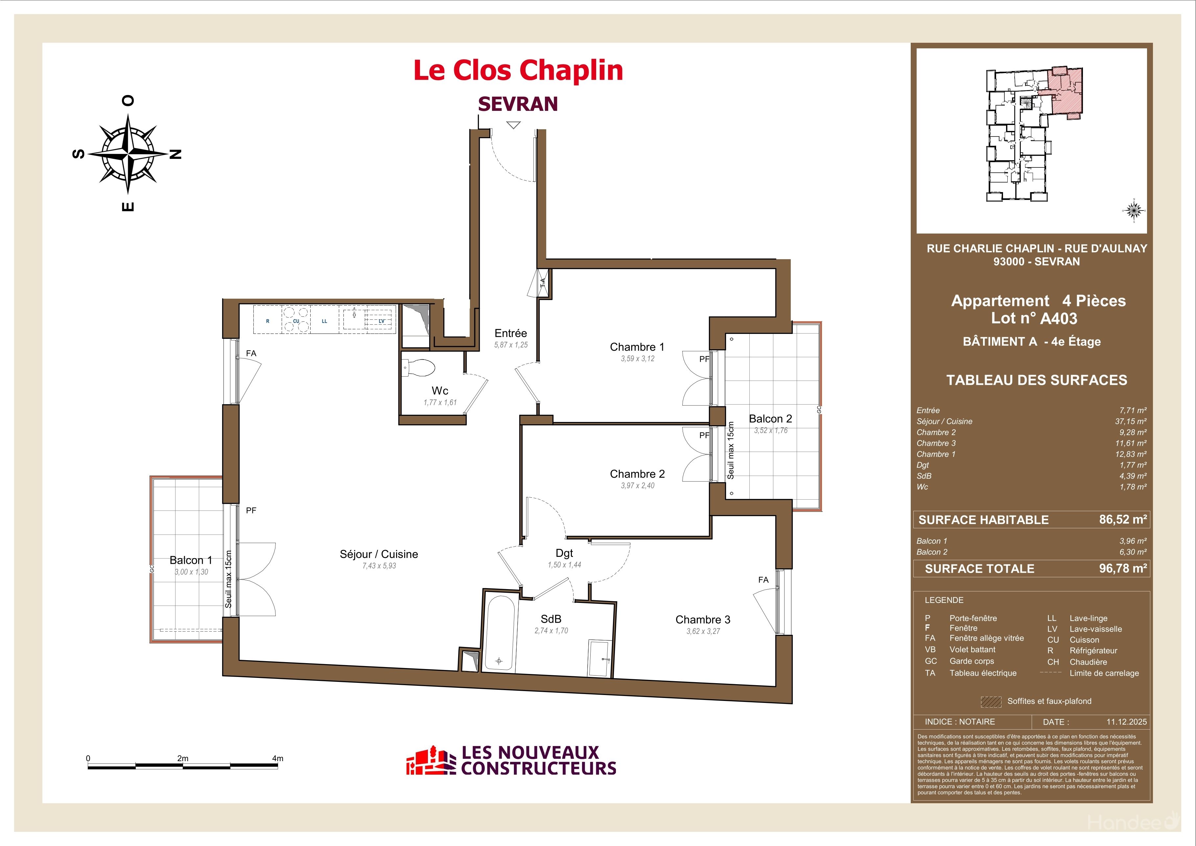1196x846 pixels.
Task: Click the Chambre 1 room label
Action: [637, 347]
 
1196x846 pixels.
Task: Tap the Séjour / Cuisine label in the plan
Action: [379, 554]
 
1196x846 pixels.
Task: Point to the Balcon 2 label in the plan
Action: [770, 419]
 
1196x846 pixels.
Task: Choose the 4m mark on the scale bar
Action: [278, 759]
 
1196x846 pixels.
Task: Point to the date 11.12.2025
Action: [1127, 722]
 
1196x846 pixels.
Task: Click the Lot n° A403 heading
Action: [1034, 318]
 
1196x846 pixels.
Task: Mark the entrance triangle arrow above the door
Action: [514, 125]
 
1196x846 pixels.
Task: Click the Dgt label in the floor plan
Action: [564, 553]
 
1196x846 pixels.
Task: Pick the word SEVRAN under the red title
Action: [518, 104]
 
